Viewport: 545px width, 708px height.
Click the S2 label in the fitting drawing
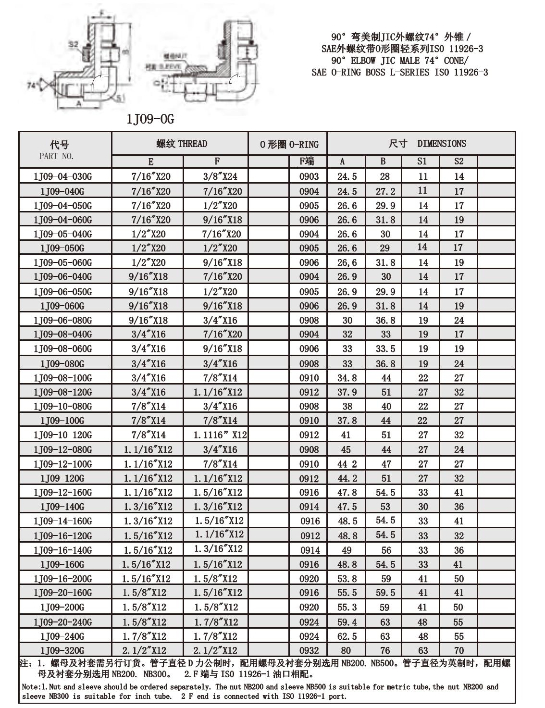(x=73, y=45)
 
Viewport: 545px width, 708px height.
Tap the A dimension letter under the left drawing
(x=79, y=102)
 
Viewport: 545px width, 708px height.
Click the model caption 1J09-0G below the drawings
(x=149, y=119)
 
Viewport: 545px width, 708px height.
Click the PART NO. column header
(x=57, y=156)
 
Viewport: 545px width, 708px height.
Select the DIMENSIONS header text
(x=441, y=143)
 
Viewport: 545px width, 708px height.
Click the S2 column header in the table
(x=459, y=161)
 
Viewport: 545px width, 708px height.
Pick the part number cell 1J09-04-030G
(x=62, y=176)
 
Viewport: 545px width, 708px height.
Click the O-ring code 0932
(x=309, y=650)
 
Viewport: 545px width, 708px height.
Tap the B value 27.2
(x=385, y=191)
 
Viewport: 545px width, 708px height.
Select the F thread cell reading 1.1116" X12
(x=220, y=435)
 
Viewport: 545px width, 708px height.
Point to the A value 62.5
(x=347, y=636)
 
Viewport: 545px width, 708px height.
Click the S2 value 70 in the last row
(x=459, y=650)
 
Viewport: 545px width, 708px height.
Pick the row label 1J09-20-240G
(x=62, y=622)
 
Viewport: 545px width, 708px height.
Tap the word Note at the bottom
(x=31, y=687)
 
